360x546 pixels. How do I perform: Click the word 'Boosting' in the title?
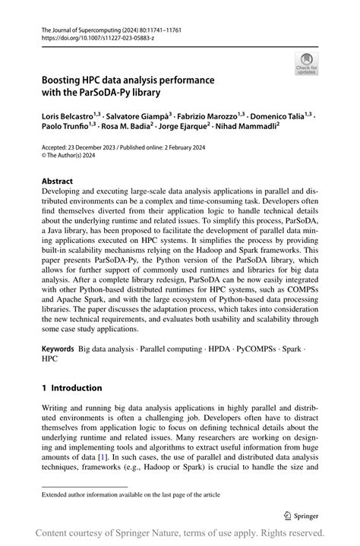63,80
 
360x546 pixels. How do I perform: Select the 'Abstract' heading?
58,181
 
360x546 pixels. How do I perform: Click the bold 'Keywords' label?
58,350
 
